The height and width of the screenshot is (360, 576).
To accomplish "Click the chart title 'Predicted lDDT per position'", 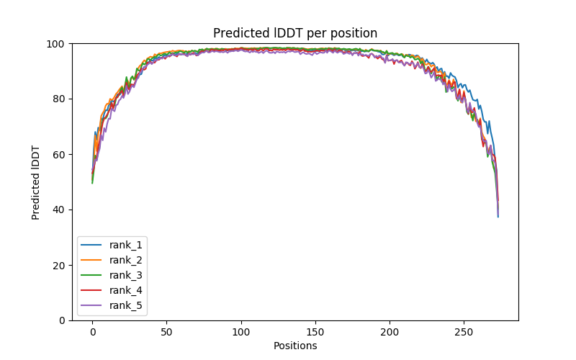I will (x=295, y=33).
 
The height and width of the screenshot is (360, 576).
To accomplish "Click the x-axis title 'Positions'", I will (x=295, y=346).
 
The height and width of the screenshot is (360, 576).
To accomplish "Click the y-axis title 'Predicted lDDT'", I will (x=37, y=182).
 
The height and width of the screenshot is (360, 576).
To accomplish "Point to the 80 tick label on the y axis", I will (x=58, y=99).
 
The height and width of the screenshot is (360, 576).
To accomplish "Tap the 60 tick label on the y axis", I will (x=58, y=155).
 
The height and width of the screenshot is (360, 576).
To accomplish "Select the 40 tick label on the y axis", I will (x=58, y=210).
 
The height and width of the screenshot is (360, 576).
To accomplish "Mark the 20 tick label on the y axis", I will (x=58, y=265).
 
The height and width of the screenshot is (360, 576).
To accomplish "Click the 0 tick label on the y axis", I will (x=61, y=320).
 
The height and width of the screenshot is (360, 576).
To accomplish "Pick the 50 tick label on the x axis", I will (x=166, y=331).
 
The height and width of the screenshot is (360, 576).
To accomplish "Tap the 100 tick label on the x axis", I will (x=241, y=331).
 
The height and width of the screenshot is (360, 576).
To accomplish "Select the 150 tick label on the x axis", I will (x=315, y=331).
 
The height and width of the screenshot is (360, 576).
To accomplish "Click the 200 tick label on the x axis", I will (x=390, y=331).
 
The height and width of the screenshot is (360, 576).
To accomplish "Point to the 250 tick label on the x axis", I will (x=464, y=331).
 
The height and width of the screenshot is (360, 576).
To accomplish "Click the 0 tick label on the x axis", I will (x=92, y=331).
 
